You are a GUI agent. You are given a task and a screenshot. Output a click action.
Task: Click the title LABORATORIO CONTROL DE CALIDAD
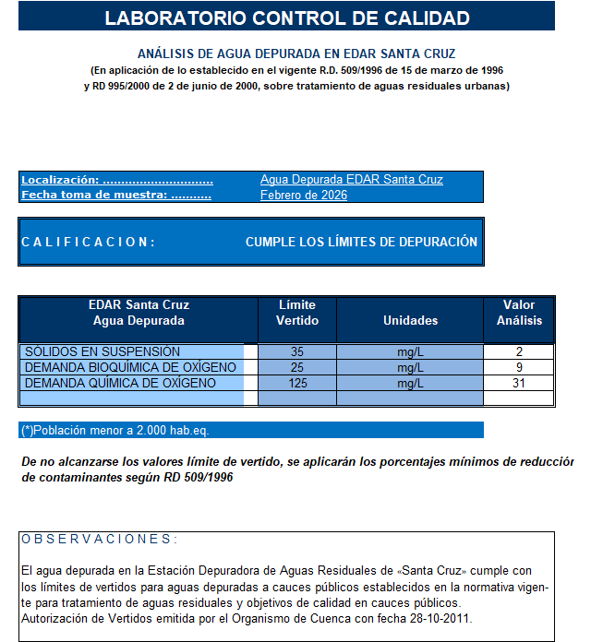(x=287, y=18)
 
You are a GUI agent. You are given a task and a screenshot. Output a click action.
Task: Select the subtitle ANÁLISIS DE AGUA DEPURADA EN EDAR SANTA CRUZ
(x=296, y=54)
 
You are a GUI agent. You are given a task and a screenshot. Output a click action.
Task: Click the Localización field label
(x=116, y=180)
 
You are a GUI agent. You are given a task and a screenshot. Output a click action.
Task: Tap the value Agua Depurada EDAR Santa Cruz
(x=351, y=180)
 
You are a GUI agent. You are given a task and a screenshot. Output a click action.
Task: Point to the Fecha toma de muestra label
(x=116, y=196)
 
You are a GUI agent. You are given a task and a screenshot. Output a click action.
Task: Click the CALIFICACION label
(x=88, y=242)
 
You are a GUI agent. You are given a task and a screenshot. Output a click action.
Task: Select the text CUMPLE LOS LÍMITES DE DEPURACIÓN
(x=361, y=242)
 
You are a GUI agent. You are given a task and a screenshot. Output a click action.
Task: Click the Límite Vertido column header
(x=297, y=313)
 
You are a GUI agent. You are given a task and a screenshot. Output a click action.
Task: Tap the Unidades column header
(x=410, y=320)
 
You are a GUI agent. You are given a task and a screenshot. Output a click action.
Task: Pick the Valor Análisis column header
(x=519, y=313)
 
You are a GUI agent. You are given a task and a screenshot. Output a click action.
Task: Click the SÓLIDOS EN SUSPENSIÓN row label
(x=103, y=351)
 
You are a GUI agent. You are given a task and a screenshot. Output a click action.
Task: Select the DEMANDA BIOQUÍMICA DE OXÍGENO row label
(x=130, y=367)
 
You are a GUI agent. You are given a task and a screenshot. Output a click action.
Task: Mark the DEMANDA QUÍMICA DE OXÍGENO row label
(x=120, y=383)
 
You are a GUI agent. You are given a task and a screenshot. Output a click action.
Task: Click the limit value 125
(x=297, y=383)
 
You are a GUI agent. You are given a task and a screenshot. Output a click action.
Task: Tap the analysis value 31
(x=519, y=383)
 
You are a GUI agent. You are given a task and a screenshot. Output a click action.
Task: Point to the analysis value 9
(x=519, y=367)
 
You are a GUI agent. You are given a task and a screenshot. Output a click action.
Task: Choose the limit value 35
(x=297, y=351)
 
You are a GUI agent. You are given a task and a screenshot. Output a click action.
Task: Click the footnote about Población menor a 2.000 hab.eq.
(x=121, y=430)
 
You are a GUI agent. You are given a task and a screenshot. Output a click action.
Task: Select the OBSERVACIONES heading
(x=99, y=539)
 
